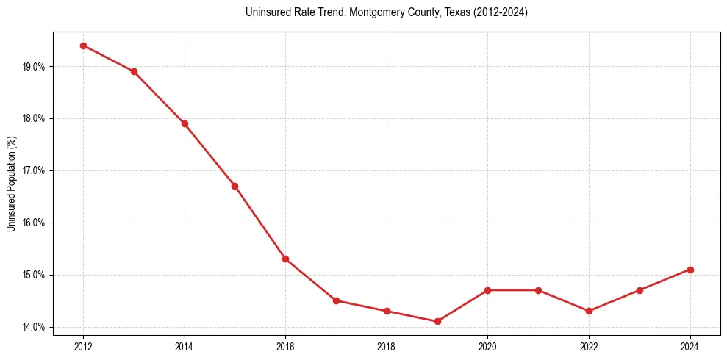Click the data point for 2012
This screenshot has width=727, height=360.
83,46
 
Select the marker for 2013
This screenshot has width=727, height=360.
134,71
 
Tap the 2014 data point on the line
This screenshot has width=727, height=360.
185,123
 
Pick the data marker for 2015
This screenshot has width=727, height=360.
234,186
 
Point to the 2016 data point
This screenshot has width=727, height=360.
285,259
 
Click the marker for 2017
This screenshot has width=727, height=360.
336,300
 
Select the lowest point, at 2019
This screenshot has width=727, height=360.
437,321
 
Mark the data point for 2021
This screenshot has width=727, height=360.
538,290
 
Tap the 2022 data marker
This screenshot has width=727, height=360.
589,311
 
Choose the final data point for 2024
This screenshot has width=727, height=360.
690,270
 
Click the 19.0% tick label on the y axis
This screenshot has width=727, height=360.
34,67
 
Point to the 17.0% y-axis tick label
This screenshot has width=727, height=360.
34,170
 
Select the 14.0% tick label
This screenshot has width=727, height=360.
34,327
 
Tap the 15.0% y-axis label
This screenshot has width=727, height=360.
34,275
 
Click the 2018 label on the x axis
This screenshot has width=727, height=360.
387,346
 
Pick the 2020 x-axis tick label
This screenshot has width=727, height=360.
487,346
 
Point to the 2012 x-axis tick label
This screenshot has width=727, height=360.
83,346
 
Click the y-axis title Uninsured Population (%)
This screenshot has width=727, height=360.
11,184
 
